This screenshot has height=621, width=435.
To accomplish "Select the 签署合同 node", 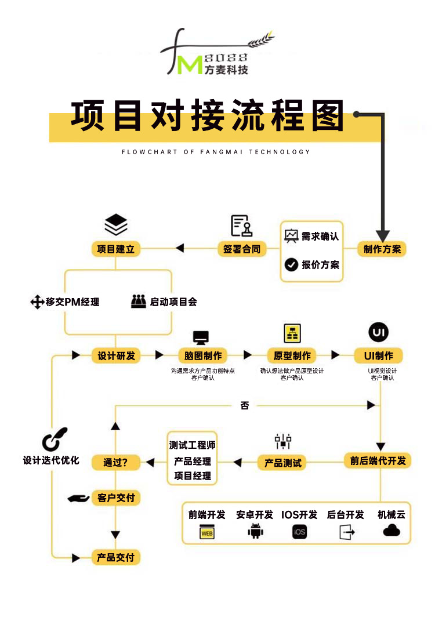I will tap(242, 249).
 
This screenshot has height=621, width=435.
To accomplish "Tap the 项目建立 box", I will tap(116, 249).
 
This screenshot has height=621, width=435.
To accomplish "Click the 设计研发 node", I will tap(116, 355).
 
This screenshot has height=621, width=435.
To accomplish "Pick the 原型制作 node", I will tap(292, 355).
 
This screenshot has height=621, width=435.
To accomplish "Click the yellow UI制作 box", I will tap(378, 355).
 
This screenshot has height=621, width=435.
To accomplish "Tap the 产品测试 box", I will tap(283, 463).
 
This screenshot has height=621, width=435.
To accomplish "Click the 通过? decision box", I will tap(115, 462).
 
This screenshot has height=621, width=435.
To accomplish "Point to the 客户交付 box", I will tap(115, 497).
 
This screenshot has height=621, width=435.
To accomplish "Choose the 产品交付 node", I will tap(115, 557).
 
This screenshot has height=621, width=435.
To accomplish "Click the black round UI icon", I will tap(379, 333).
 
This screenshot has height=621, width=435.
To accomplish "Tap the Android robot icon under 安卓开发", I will tap(255, 531).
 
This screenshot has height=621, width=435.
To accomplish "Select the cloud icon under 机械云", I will tap(391, 531).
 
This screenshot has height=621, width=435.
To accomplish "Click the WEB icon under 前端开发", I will tap(207, 532).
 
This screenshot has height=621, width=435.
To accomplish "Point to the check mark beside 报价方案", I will tap(291, 265).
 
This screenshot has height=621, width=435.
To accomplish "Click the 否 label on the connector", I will tap(245, 406).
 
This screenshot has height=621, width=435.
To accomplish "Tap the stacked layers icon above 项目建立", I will tap(116, 224).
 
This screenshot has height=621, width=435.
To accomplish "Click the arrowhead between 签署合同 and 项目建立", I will tap(179, 249).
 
